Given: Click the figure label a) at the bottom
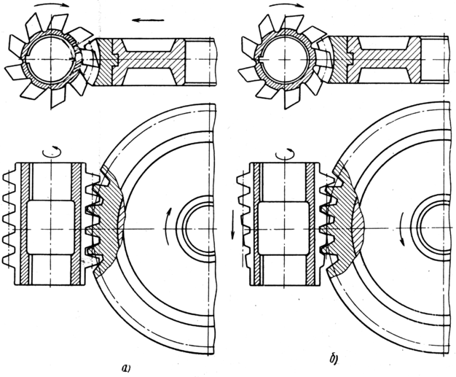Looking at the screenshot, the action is [126, 368].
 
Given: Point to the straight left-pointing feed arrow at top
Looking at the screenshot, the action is [148, 20].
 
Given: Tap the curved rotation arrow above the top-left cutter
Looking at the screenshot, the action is [52, 5].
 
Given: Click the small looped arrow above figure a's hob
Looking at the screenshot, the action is [52, 152].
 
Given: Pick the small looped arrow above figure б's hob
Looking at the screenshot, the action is [286, 153].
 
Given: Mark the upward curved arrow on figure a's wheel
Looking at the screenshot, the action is [168, 226].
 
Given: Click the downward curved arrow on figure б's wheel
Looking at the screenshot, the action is [402, 228].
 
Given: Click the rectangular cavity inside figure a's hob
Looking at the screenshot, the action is [50, 227].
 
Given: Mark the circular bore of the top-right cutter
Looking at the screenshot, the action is [286, 59].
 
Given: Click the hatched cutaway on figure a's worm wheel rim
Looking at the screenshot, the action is [107, 221].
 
